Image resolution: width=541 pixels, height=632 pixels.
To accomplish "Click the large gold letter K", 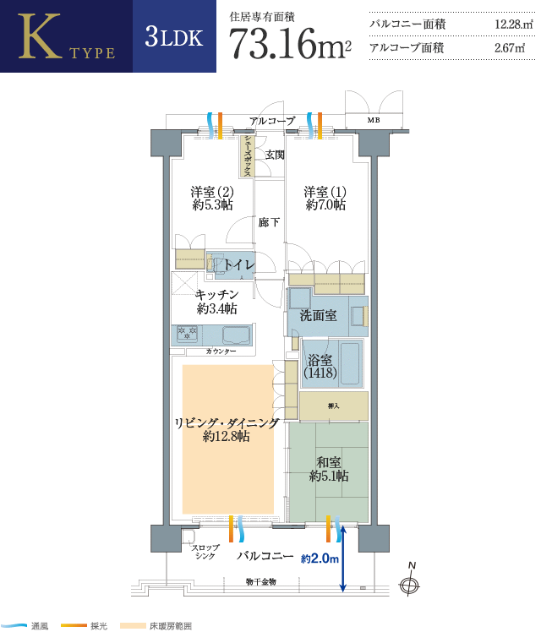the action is click(x=40, y=36).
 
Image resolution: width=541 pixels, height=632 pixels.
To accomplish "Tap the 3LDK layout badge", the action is click(x=174, y=36).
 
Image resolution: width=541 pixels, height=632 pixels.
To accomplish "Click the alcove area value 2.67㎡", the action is click(x=510, y=48).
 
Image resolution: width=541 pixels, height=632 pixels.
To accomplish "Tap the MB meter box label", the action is click(x=374, y=120).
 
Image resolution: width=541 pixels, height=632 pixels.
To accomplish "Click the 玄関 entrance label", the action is click(x=275, y=155).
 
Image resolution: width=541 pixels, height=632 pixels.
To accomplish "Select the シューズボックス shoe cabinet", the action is click(x=247, y=156).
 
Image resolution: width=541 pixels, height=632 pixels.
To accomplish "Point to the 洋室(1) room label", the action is click(x=325, y=199).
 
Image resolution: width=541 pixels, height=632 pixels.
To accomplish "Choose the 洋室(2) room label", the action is click(x=212, y=199).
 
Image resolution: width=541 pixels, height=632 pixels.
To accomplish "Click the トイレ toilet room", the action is click(x=231, y=265).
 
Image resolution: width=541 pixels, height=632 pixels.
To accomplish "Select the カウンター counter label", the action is click(x=221, y=351).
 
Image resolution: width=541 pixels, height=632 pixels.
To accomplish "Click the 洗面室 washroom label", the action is click(x=319, y=315).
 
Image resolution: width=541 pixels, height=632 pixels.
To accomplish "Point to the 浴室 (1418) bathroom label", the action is click(x=320, y=366).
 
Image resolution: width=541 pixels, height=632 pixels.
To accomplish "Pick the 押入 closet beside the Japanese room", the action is click(x=334, y=406).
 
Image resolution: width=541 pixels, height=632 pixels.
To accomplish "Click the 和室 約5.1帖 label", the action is click(x=329, y=469).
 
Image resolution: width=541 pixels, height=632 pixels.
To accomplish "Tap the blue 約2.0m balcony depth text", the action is click(x=320, y=558).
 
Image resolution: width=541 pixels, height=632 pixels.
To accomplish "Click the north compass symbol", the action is click(x=410, y=581).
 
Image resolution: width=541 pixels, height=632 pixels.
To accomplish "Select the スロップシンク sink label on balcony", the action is click(x=205, y=552).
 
